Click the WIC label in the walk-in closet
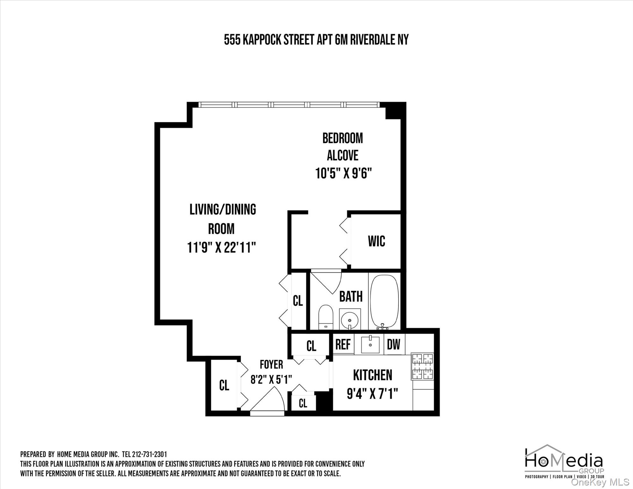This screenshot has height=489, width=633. pos(376,241)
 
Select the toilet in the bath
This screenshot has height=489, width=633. pos(325,317)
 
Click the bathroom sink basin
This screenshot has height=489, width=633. pos(350,319)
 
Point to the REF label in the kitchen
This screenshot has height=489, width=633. pos(343,344)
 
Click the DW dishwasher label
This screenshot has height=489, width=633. pos(394,344)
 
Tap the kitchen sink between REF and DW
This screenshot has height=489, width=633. pos(370,344)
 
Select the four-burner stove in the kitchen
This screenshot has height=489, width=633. pos(422,366)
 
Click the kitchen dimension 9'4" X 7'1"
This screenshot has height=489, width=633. pos(372,394)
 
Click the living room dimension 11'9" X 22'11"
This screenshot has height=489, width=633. pos(222,247)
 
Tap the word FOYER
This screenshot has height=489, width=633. pos(271,364)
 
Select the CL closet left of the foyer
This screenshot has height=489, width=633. pos(224,386)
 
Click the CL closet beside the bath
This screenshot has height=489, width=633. pos(298,301)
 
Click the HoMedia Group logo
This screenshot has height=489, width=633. pos(564,462)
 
